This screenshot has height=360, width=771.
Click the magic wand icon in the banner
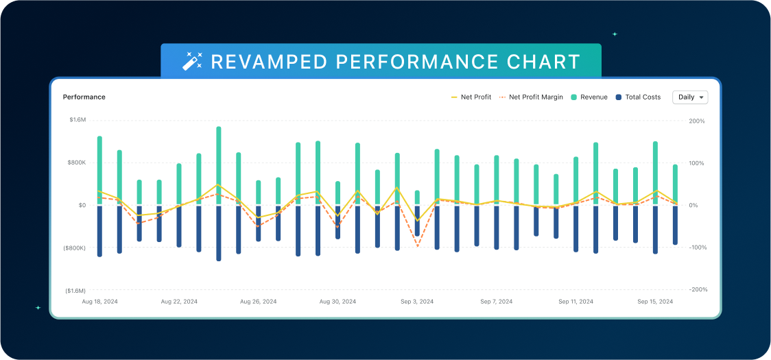[x=192, y=62]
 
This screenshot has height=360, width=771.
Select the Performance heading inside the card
[x=84, y=97]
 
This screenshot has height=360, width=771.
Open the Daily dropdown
[x=690, y=97]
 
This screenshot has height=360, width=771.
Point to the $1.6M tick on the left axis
[x=78, y=120]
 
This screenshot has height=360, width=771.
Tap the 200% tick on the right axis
[x=696, y=121]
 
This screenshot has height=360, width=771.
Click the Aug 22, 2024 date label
[x=179, y=302]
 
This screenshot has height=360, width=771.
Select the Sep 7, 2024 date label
[x=496, y=302]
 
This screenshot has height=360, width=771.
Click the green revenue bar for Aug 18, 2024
[x=99, y=168]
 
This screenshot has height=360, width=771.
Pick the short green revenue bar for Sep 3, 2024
[x=417, y=197]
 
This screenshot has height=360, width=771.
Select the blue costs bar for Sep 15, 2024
[x=655, y=230]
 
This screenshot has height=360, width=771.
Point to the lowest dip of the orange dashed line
[x=417, y=245]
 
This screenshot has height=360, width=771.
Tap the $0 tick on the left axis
[x=82, y=205]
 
